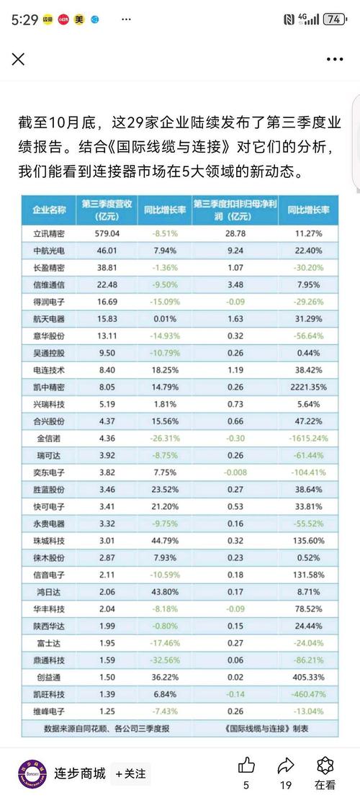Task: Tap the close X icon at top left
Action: [x=18, y=59]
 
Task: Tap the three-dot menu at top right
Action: [x=335, y=59]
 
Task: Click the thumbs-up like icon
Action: [x=247, y=764]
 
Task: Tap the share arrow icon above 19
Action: [x=286, y=764]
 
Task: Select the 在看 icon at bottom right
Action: [x=325, y=764]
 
